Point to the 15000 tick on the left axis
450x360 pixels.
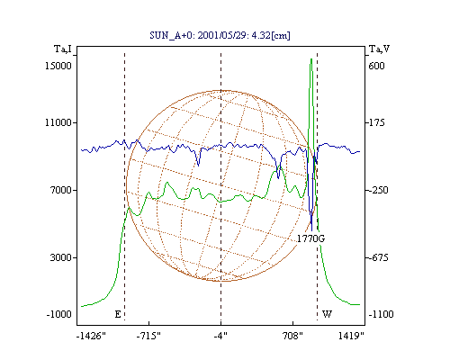click(58, 66)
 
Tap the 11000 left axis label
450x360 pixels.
click(58, 122)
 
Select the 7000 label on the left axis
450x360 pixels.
click(61, 190)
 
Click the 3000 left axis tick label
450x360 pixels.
click(61, 257)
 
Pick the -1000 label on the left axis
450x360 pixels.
click(59, 314)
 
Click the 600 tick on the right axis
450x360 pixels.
click(376, 66)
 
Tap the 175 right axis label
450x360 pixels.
click(377, 122)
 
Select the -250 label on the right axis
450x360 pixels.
click(378, 190)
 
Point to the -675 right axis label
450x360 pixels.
click(378, 257)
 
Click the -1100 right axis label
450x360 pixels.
click(381, 314)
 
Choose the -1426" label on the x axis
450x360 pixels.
click(91, 336)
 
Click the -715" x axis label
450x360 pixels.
click(148, 336)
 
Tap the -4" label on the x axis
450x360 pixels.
click(220, 336)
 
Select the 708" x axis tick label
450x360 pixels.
click(292, 336)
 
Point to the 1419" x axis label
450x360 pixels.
click(351, 336)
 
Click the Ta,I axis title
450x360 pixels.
click(63, 49)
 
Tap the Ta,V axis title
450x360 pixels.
click(380, 49)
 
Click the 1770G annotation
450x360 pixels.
click(310, 238)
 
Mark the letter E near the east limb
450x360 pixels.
click(118, 314)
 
